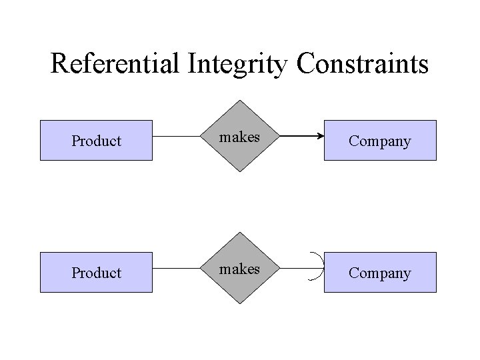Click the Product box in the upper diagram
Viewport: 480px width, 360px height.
(97, 141)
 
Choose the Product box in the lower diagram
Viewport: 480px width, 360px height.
(97, 273)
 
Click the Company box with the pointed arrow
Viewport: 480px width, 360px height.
(380, 141)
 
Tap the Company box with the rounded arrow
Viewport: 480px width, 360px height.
(380, 273)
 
